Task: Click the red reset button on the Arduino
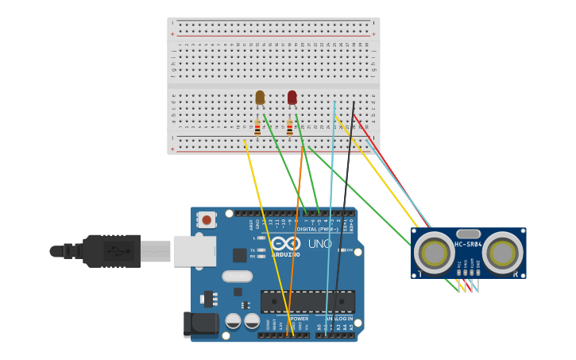[207, 219]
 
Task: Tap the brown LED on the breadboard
[260, 97]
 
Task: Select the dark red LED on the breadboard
[292, 97]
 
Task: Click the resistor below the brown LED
[257, 127]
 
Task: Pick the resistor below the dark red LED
[289, 127]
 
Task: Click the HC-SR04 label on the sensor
[468, 244]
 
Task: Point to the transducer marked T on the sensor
[435, 254]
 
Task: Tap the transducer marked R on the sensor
[502, 254]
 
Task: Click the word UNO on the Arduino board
[319, 244]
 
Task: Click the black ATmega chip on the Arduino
[307, 301]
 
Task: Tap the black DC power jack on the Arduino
[200, 323]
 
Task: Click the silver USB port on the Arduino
[195, 250]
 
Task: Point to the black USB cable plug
[111, 251]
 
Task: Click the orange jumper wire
[296, 238]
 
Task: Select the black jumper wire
[345, 207]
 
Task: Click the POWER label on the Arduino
[299, 319]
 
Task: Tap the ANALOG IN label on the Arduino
[340, 319]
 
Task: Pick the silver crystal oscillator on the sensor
[468, 234]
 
